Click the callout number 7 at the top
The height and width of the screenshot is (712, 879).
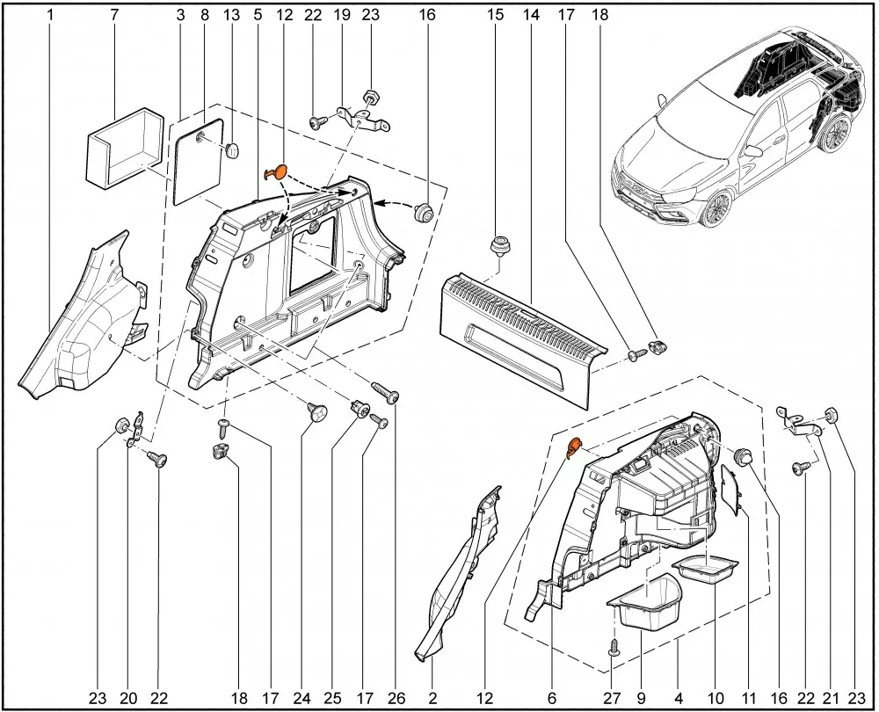[x=114, y=15]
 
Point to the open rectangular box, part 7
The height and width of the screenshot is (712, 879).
[x=126, y=148]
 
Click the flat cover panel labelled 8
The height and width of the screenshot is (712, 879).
[x=198, y=162]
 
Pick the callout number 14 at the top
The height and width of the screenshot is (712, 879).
[x=531, y=15]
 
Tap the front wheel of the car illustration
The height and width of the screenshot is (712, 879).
[x=716, y=208]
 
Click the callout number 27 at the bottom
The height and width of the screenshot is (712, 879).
[x=612, y=698]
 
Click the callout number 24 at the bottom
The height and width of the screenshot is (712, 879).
[x=301, y=698]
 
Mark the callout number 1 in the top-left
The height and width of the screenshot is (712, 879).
[x=50, y=15]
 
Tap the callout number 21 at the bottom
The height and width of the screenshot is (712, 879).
[x=831, y=698]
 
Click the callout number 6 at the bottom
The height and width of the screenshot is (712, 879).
[x=552, y=698]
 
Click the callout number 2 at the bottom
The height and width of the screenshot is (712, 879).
[x=432, y=698]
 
